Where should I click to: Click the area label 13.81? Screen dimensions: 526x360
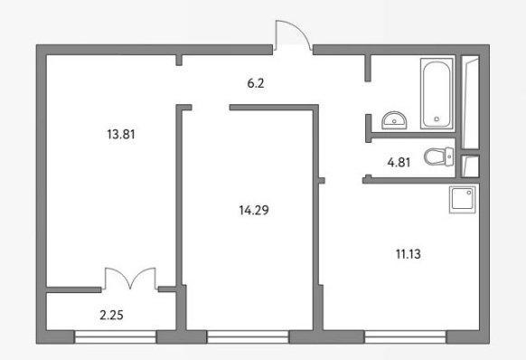121,135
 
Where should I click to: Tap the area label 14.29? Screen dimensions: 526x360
254,210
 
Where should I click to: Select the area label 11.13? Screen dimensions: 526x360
408,254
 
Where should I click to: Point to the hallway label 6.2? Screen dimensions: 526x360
256,83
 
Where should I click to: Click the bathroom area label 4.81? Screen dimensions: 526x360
399,163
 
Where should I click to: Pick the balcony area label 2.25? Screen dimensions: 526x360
111,315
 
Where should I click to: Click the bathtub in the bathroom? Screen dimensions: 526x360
437,94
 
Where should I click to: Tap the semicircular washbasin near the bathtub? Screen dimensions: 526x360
394,120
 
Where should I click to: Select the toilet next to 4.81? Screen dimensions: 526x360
438,156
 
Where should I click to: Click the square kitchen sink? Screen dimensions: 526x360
463,200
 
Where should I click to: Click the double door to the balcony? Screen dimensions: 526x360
130,279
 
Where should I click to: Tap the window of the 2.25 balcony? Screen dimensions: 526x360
115,336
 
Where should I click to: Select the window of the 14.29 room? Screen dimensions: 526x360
248,336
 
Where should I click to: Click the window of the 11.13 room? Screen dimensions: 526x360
405,336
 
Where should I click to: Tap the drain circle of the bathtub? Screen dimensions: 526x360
437,118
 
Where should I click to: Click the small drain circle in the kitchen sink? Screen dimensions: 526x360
469,193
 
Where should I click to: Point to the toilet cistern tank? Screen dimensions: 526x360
449,156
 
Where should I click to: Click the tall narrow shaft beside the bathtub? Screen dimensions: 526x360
470,102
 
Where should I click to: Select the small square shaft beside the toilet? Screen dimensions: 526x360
470,166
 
